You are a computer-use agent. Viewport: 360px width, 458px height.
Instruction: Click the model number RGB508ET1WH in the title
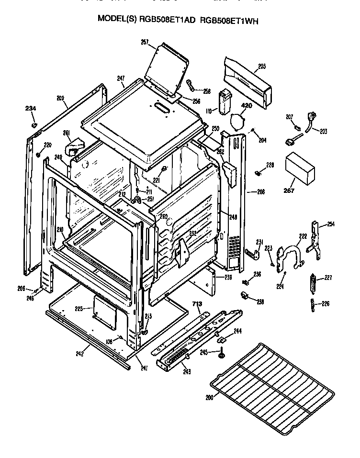(230, 19)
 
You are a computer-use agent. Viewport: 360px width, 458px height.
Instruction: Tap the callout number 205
(261, 67)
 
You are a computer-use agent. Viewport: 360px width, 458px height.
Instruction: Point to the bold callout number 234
(31, 109)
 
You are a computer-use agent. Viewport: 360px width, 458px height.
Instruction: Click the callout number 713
(196, 303)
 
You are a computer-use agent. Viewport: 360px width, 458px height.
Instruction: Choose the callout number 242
(80, 354)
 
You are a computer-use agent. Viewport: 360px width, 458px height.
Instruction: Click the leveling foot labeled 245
(223, 354)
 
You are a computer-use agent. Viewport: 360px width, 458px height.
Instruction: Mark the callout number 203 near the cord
(324, 131)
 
